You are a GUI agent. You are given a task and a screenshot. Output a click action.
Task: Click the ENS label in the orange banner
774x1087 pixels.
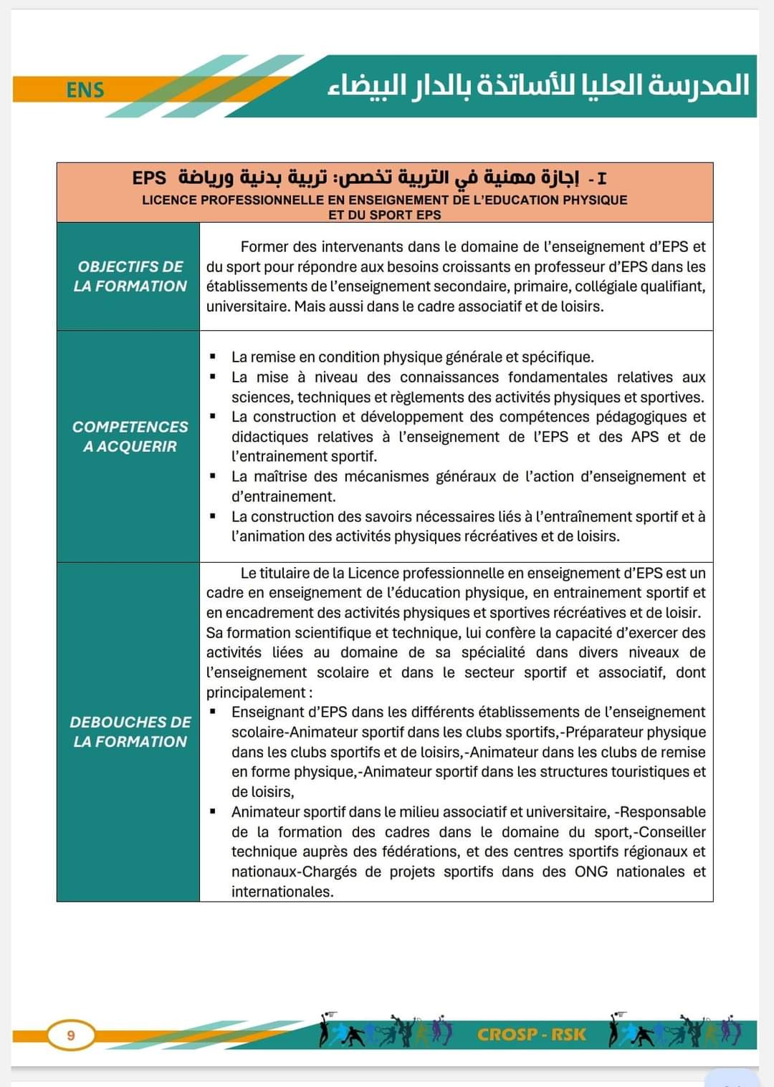tap(85, 90)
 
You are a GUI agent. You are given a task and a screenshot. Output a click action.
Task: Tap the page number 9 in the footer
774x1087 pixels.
tap(70, 1035)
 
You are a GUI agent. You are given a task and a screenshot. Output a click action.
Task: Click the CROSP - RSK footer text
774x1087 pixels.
tap(531, 1035)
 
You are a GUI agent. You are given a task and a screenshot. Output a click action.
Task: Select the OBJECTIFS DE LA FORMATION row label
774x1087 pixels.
tap(130, 276)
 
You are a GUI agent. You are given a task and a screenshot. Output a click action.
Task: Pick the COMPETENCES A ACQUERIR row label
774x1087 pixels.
tap(130, 437)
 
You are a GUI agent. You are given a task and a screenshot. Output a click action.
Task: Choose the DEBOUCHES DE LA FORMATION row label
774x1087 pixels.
tap(130, 732)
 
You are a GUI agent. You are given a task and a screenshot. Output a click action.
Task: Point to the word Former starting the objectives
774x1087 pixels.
tap(265, 247)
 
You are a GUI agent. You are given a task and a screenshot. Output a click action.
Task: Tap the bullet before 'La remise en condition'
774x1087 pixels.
tap(213, 357)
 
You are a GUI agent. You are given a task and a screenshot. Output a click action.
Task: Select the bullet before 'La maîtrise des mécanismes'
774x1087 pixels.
tap(213, 476)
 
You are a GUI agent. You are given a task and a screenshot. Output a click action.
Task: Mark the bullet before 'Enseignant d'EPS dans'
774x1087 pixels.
tap(213, 712)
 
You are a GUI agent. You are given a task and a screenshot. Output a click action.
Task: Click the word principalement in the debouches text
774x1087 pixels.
tap(256, 693)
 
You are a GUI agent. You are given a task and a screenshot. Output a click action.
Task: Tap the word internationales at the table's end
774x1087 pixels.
tap(282, 892)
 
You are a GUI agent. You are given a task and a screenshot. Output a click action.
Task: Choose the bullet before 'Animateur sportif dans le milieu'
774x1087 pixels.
tap(213, 812)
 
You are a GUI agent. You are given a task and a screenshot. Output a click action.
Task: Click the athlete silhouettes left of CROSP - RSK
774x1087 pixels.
tap(386, 1032)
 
